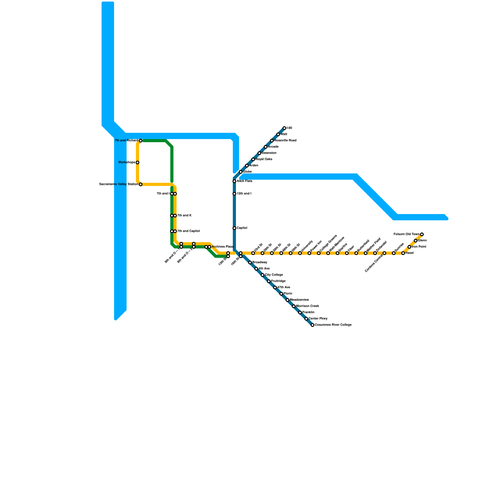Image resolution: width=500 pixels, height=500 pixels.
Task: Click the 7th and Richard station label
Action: point(126,141)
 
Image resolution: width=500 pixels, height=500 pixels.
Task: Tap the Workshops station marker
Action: point(137,162)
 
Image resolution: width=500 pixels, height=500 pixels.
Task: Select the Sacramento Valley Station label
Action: point(118,184)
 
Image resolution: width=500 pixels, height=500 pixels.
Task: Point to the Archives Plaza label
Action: point(222,247)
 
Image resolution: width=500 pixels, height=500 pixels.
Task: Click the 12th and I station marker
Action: point(234,194)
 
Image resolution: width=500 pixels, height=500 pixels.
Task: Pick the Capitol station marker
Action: point(234,228)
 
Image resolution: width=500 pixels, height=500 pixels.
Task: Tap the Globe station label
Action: point(247,172)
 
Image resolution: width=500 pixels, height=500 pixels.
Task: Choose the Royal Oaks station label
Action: point(264,159)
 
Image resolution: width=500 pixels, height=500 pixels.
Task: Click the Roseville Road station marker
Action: point(272,141)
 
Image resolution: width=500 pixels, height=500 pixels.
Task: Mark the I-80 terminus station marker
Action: point(284,128)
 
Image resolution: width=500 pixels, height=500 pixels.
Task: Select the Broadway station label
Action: point(260,262)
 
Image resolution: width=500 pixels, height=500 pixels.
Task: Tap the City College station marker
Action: point(262,275)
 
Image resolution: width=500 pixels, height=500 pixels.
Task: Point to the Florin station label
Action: point(288,294)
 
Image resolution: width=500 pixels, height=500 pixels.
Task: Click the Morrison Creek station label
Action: point(307,306)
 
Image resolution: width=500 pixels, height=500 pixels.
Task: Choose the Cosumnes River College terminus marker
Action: point(312,325)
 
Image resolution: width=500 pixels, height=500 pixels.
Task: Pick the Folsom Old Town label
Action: point(406,234)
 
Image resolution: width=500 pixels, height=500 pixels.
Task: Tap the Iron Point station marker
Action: point(409,247)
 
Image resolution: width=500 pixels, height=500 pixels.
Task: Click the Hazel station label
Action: point(410,253)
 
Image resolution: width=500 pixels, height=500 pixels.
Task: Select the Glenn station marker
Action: point(416,241)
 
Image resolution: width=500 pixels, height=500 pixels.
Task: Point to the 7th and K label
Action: point(184,216)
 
